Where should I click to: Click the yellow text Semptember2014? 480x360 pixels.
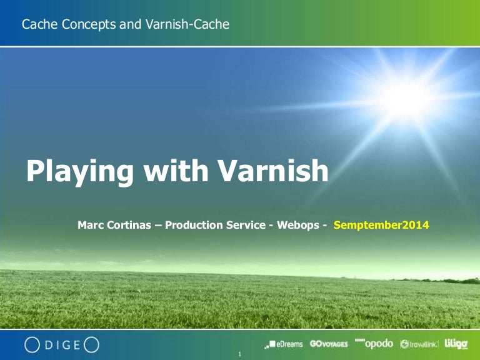tap(382, 225)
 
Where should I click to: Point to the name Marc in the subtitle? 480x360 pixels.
tap(91, 225)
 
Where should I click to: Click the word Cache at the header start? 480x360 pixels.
tap(37, 25)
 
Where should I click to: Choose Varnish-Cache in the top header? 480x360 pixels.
tap(191, 25)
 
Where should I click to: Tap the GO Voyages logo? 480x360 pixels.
tap(329, 344)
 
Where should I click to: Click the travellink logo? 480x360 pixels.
tap(419, 344)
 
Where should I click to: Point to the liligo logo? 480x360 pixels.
tap(456, 343)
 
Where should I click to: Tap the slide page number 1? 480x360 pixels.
tap(240, 355)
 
